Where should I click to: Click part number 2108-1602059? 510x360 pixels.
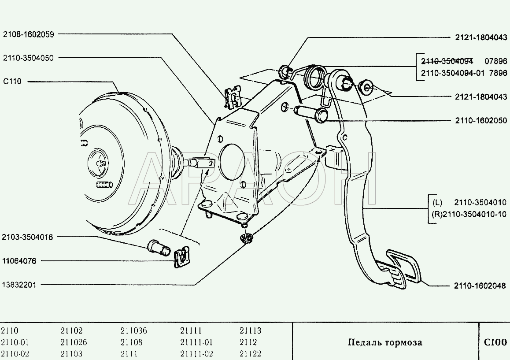[29, 34]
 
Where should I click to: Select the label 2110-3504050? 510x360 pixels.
[28, 58]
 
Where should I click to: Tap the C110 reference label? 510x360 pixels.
[12, 82]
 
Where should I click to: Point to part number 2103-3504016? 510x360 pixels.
[27, 237]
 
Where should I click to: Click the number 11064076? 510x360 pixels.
[19, 261]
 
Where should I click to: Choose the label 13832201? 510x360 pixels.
[19, 285]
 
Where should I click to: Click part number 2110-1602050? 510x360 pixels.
[481, 120]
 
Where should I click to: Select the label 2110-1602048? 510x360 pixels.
[480, 286]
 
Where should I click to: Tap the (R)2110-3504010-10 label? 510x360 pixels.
[469, 214]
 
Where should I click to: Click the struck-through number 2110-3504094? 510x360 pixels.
[447, 61]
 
